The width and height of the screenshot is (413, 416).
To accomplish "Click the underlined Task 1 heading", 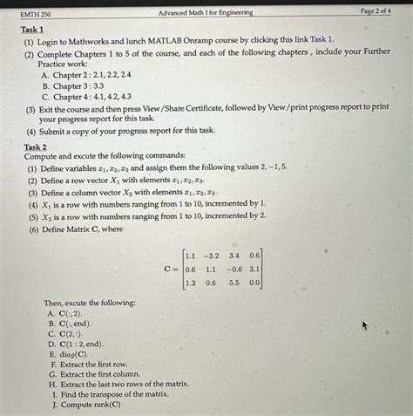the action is [32, 30].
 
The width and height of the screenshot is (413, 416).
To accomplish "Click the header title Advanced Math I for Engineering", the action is [206, 12].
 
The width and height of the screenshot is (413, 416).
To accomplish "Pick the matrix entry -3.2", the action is [211, 256].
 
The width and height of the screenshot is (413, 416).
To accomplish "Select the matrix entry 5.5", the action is [234, 283].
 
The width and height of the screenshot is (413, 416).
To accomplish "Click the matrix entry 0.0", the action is [254, 283].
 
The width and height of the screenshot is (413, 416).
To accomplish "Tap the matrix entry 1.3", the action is [190, 283].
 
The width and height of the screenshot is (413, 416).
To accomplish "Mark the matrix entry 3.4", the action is [234, 256].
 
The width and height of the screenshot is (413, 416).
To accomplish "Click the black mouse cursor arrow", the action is [367, 326].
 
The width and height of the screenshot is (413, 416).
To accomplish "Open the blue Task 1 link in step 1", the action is [321, 41].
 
